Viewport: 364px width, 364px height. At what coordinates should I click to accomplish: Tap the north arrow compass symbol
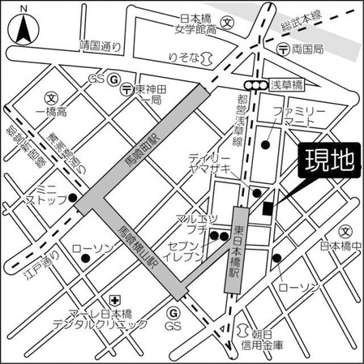click(x=24, y=28)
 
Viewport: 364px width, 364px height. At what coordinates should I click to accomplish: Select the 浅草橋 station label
click(x=287, y=84)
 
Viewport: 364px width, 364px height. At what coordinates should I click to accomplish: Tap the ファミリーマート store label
click(x=299, y=114)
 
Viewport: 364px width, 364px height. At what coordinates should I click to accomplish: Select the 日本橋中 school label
click(x=340, y=246)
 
